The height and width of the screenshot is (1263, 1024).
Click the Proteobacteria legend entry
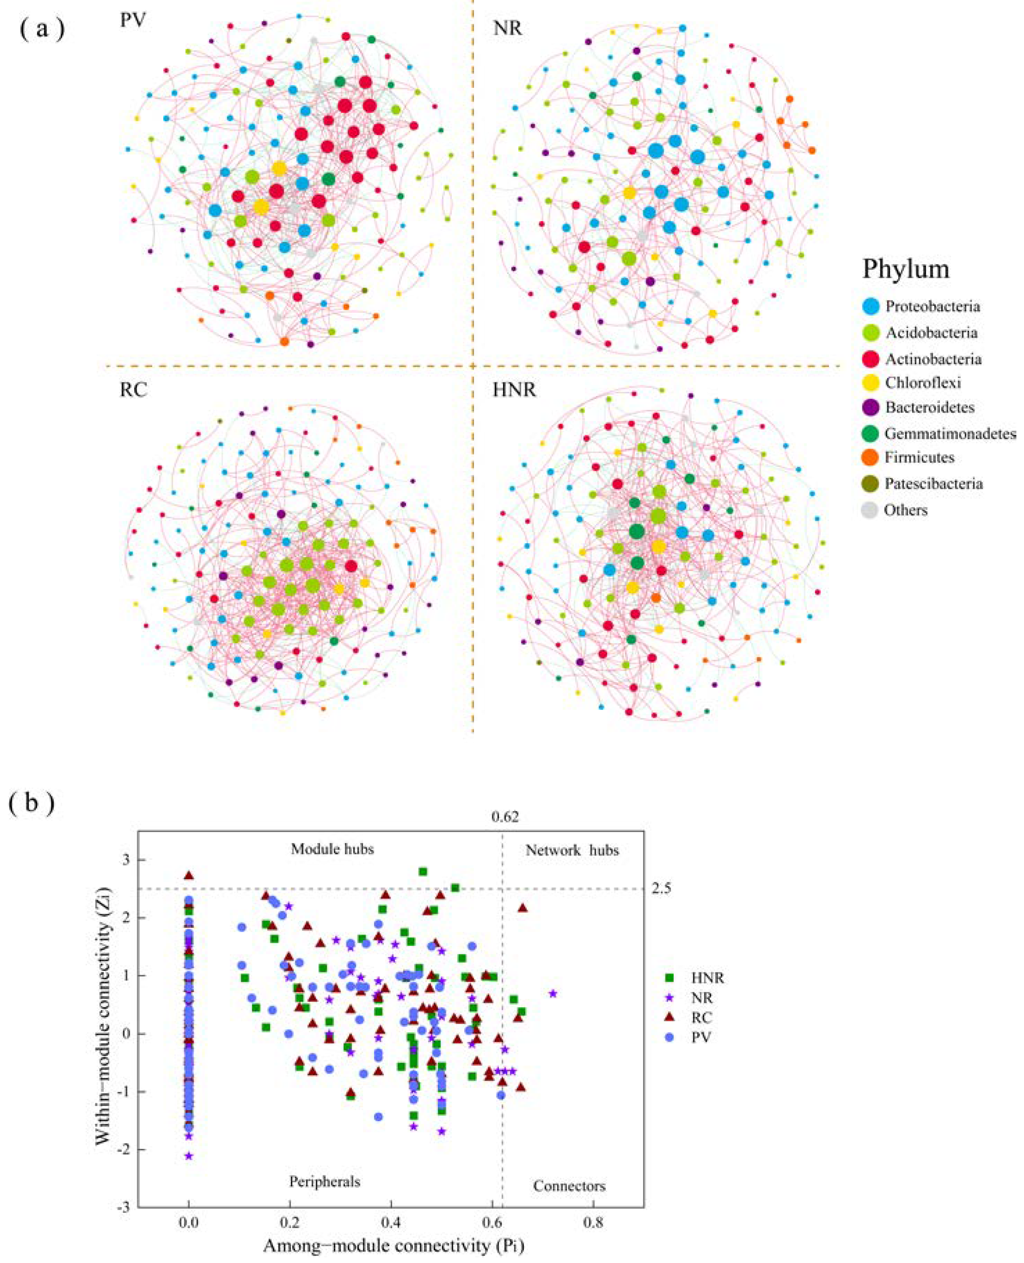coord(932,306)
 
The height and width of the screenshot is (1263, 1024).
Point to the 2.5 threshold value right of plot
coord(661,889)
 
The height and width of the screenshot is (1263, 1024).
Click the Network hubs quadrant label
coord(572,850)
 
